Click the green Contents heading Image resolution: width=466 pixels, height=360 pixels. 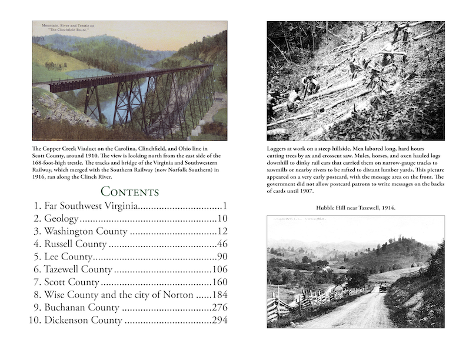point(130,191)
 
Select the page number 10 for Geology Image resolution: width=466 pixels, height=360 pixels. point(220,219)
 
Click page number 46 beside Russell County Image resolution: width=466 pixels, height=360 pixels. point(220,244)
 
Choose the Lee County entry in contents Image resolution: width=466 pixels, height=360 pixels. point(68,256)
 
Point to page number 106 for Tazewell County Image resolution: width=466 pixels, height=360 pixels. point(217,269)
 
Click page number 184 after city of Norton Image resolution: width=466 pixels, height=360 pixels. point(217,295)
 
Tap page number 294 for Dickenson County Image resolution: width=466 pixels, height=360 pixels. point(217,321)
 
